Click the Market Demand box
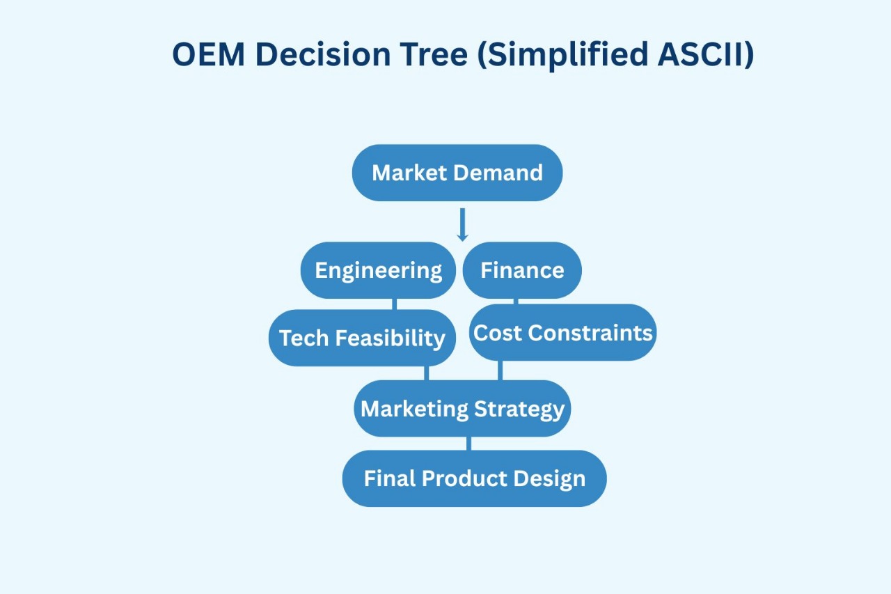457,173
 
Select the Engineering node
378,270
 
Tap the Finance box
522,270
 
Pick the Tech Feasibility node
362,338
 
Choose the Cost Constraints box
563,332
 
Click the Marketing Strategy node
462,408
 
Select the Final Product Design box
474,478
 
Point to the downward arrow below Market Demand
462,224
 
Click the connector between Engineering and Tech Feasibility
395,304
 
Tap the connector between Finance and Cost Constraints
516,302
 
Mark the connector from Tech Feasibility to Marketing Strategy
426,373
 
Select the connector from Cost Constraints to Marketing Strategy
500,370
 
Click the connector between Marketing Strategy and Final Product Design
468,444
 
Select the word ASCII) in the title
706,55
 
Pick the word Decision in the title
322,55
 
